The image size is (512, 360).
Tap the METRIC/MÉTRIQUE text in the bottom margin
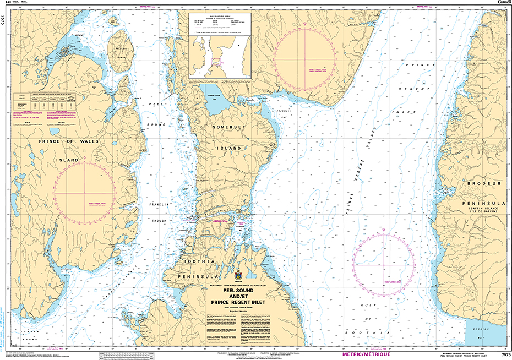point(367,353)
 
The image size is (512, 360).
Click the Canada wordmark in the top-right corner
point(504,3)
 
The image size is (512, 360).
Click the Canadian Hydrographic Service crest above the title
point(238,275)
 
